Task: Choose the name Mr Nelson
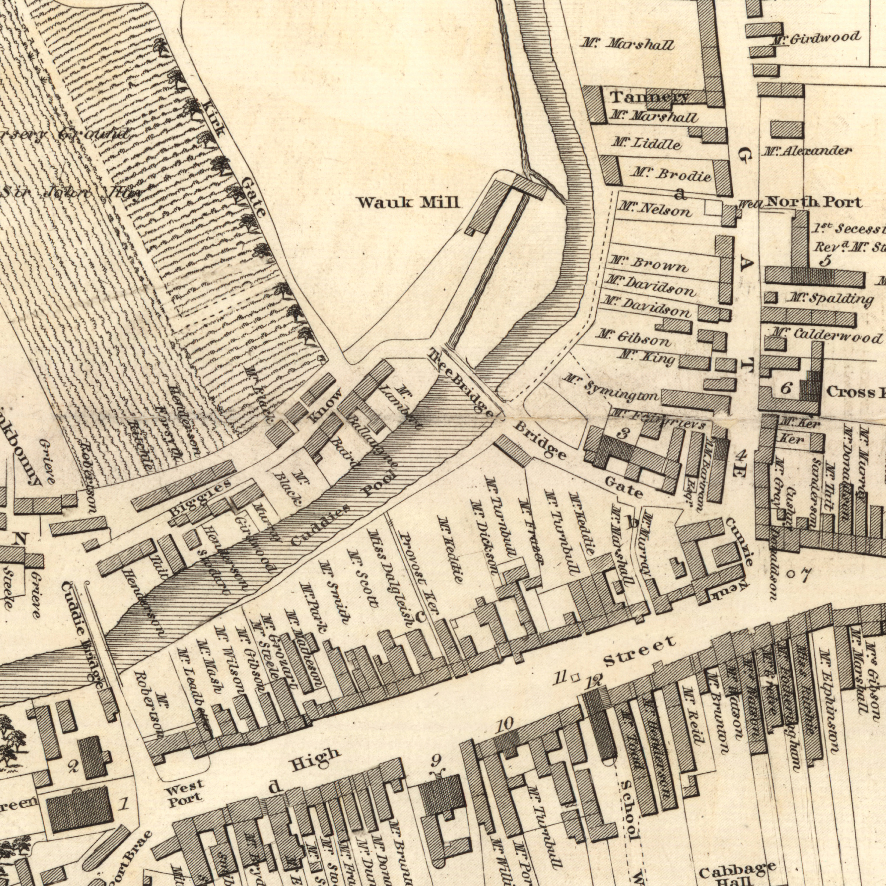(654, 211)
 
